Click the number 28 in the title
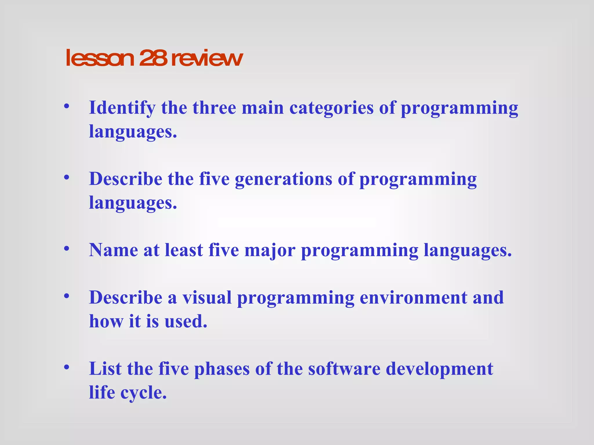pyautogui.click(x=153, y=58)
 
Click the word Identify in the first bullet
pyautogui.click(x=122, y=108)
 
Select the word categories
pyautogui.click(x=331, y=108)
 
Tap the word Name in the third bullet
pyautogui.click(x=113, y=250)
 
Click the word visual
pyautogui.click(x=207, y=298)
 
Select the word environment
pyautogui.click(x=413, y=298)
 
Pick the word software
pyautogui.click(x=344, y=369)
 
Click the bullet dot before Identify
pyautogui.click(x=67, y=106)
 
